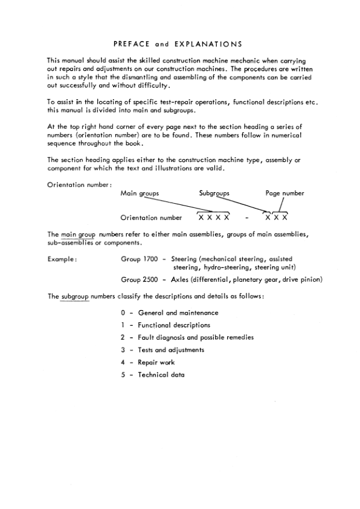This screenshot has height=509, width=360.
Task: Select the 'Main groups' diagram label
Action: click(x=140, y=193)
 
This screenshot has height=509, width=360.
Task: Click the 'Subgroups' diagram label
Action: click(x=214, y=193)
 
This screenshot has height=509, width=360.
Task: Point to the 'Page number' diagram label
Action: click(x=284, y=193)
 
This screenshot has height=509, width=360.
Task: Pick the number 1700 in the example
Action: click(x=150, y=259)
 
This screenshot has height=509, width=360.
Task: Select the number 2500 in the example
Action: click(x=150, y=279)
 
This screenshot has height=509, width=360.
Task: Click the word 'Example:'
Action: click(x=62, y=259)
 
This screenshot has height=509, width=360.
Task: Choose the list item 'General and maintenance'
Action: click(x=178, y=313)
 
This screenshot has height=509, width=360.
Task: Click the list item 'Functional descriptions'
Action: click(x=174, y=325)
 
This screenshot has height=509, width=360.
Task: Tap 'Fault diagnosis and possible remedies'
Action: click(x=196, y=337)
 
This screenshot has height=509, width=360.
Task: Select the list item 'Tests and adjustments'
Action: click(x=171, y=350)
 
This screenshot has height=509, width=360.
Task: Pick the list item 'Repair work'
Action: click(x=156, y=362)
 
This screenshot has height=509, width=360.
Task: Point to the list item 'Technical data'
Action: click(x=161, y=375)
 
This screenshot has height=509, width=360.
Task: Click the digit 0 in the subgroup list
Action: click(x=123, y=313)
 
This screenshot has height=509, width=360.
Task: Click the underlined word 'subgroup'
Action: click(x=76, y=296)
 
